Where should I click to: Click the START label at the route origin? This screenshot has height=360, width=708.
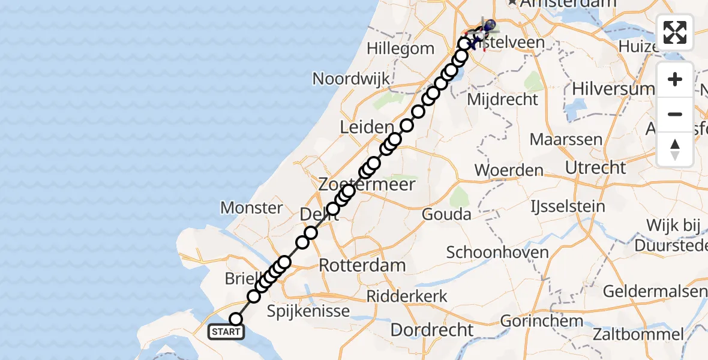coord(226,332)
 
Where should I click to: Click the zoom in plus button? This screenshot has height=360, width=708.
coord(675,79)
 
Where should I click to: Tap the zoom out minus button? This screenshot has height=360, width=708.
coord(675,114)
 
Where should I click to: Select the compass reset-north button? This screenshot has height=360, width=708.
coord(675,149)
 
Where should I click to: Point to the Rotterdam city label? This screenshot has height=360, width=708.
coord(362,265)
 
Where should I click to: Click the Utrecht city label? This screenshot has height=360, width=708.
coord(596,167)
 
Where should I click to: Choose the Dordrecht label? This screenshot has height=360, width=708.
coord(432,329)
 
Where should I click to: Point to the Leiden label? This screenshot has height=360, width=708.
coord(367,127)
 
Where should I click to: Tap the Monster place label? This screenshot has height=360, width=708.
coord(252,208)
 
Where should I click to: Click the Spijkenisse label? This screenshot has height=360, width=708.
coord(308,311)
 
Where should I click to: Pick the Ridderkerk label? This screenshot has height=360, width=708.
coord(407,296)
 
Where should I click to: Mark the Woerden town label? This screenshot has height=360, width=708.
coord(509,170)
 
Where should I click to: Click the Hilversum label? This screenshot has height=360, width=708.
coord(613,89)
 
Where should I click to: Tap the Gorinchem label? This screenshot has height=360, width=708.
coord(542,320)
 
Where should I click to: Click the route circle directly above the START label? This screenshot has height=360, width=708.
coord(236,319)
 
